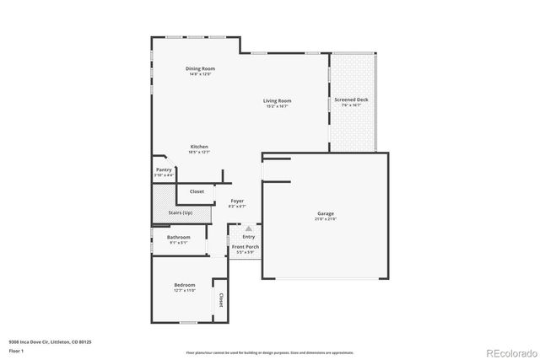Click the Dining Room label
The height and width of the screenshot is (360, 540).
(x=201, y=68)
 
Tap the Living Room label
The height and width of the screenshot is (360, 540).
(x=278, y=101)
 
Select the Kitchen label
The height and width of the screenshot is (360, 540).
(x=199, y=147)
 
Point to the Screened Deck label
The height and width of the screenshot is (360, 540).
(x=351, y=100)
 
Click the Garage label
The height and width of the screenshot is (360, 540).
(x=326, y=214)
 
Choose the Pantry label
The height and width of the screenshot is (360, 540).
(x=164, y=169)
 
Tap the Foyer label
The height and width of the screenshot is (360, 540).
(x=237, y=201)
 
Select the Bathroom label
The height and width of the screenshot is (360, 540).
(x=178, y=238)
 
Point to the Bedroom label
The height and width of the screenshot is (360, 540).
(x=185, y=286)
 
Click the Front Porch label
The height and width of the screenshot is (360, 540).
(x=247, y=247)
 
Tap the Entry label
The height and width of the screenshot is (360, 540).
(x=248, y=236)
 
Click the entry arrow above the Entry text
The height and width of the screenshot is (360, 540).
(x=248, y=228)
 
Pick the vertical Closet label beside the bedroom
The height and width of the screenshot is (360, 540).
(x=221, y=299)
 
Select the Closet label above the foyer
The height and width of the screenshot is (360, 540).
(x=197, y=191)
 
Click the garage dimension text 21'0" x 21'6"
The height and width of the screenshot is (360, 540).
(x=326, y=219)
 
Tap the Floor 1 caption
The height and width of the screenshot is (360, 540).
(x=16, y=349)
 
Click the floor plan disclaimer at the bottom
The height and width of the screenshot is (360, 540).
(x=269, y=352)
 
